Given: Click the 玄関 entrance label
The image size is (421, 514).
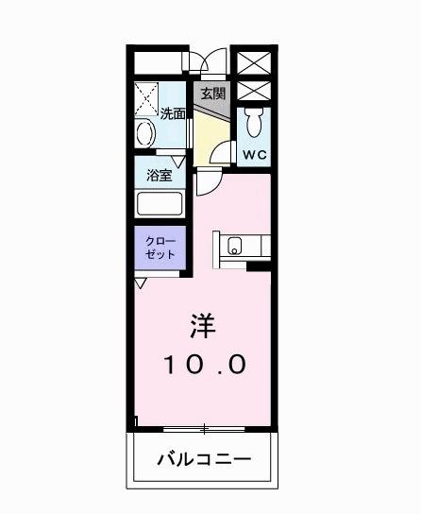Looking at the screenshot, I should [x=212, y=94].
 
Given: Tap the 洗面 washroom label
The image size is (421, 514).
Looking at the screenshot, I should [x=173, y=114].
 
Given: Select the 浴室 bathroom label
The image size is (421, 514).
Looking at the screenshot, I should [x=159, y=175].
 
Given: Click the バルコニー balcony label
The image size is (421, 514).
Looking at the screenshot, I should [x=204, y=461].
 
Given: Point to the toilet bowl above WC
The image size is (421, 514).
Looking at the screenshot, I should [x=253, y=121].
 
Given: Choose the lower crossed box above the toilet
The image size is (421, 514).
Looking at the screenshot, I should [x=253, y=92].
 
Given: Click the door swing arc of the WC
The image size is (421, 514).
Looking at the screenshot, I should [x=220, y=151].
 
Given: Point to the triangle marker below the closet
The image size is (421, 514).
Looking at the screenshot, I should [x=141, y=282].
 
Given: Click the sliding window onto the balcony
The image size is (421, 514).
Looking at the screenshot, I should [x=202, y=428].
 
